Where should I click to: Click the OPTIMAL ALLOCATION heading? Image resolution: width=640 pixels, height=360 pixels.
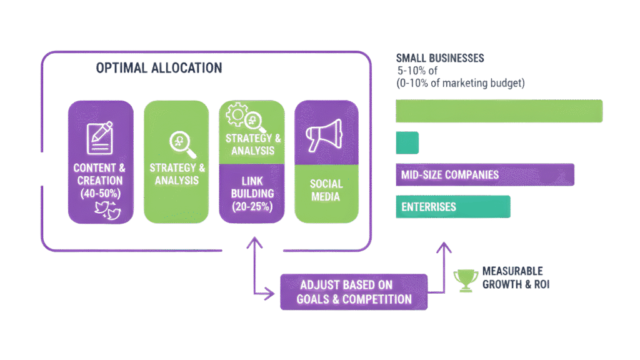click(x=159, y=68)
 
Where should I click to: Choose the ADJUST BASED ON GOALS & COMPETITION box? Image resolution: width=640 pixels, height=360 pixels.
click(x=354, y=291)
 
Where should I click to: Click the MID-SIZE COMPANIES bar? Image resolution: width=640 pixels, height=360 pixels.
click(x=484, y=174)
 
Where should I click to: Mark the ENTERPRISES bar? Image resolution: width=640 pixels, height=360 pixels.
click(x=453, y=207)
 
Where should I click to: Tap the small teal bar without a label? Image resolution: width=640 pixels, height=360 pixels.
click(x=407, y=142)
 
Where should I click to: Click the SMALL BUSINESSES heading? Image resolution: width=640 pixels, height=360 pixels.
click(x=441, y=58)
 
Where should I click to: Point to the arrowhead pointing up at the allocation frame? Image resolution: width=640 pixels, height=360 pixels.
click(x=254, y=242)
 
